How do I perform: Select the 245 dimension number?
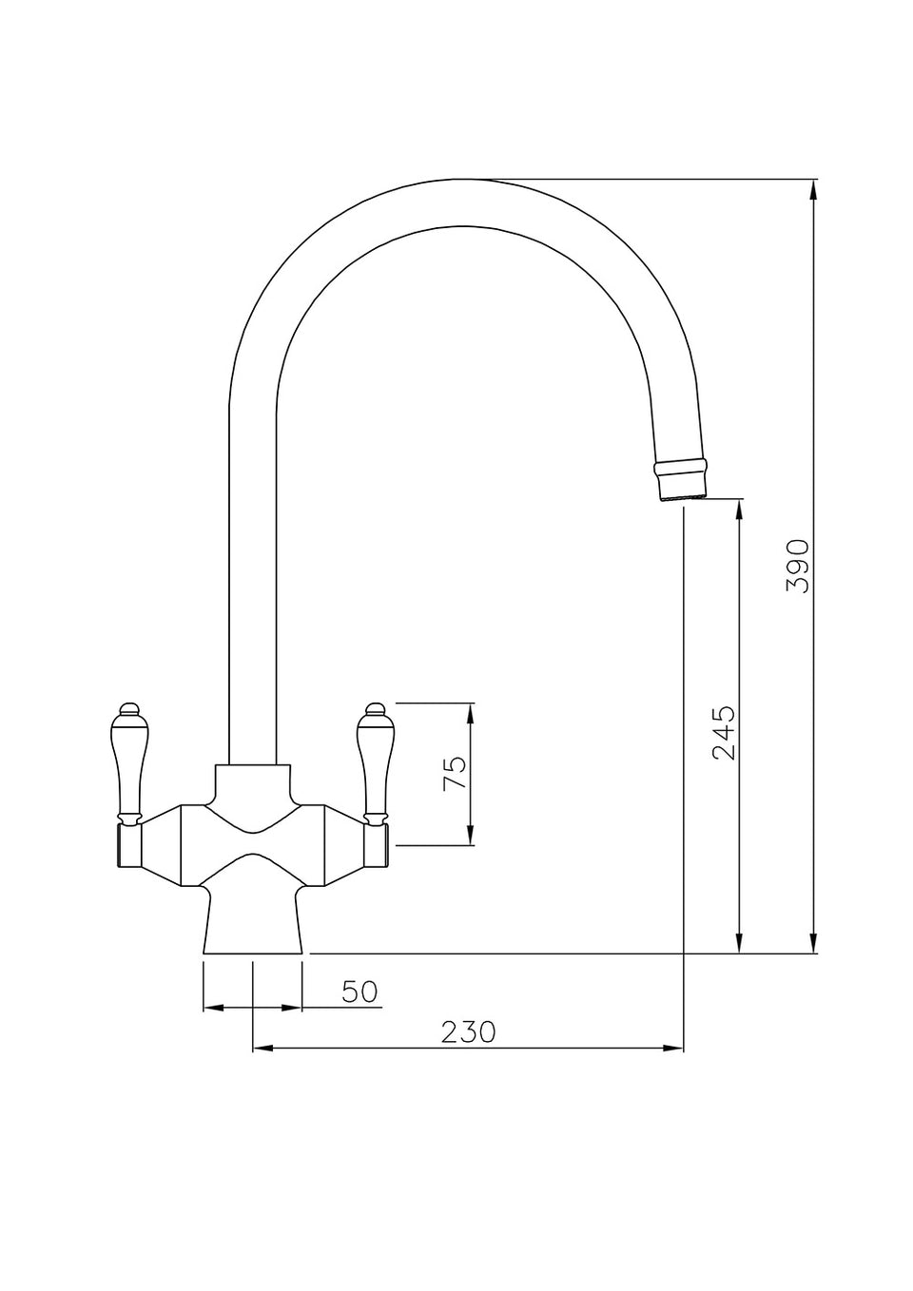(724, 731)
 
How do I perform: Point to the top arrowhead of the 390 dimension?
(813, 190)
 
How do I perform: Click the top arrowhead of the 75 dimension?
(471, 714)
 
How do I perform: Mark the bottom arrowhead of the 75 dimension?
(471, 835)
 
